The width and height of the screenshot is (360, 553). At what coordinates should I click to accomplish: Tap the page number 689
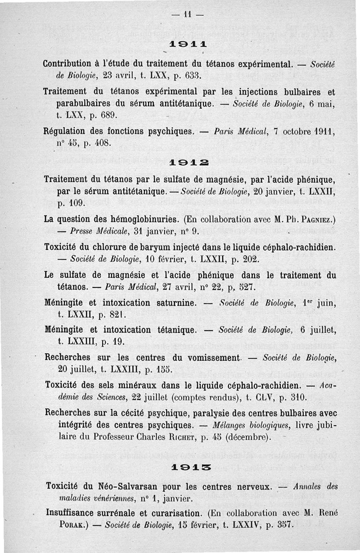tap(108, 115)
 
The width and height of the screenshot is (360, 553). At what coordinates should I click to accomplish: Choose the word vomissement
tap(207, 358)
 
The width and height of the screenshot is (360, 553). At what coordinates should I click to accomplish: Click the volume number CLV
tap(258, 398)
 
